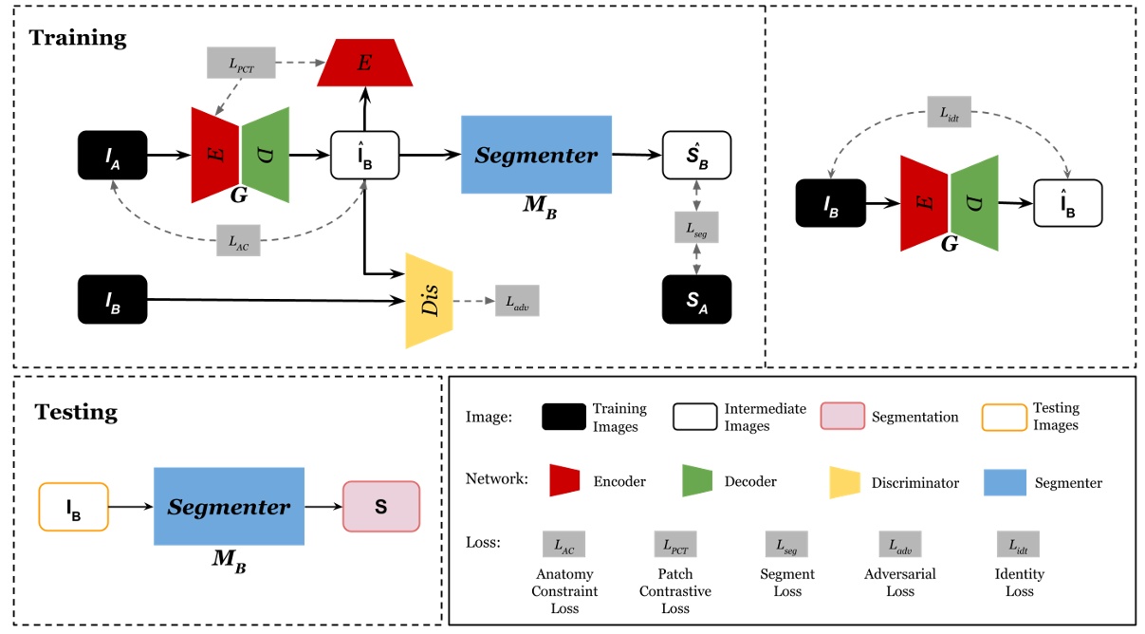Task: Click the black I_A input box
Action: click(113, 155)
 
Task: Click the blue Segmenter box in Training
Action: click(536, 155)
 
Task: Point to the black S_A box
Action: click(697, 301)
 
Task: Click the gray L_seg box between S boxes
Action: click(697, 229)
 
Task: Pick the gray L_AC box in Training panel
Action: click(237, 239)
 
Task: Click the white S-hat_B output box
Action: click(697, 155)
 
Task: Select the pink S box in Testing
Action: click(380, 507)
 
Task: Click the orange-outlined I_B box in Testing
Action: click(74, 507)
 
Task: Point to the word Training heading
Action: click(77, 38)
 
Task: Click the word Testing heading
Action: click(76, 412)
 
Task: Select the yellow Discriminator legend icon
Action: click(844, 481)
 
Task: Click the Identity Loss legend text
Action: click(1019, 583)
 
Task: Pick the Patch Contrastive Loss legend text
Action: click(674, 590)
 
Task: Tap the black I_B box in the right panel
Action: click(830, 202)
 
